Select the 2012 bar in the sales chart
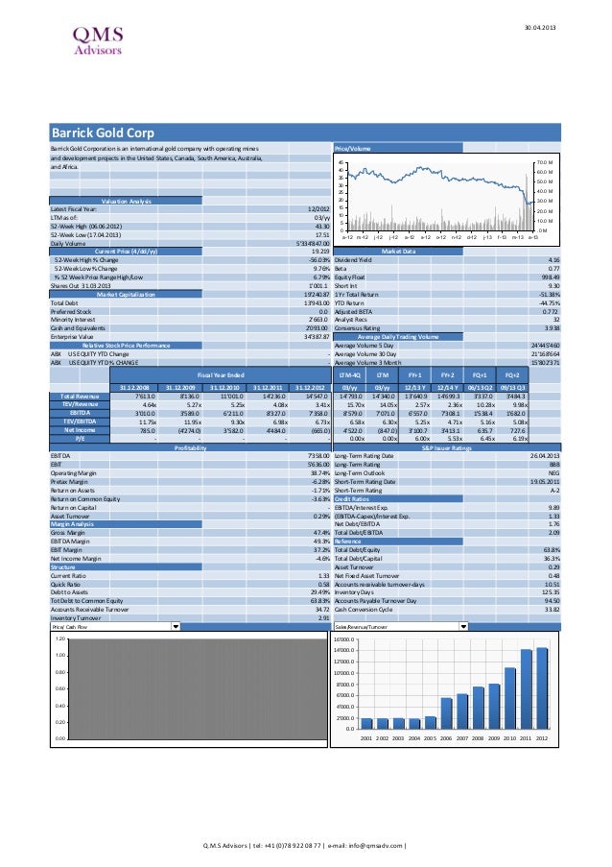pyautogui.click(x=542, y=688)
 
